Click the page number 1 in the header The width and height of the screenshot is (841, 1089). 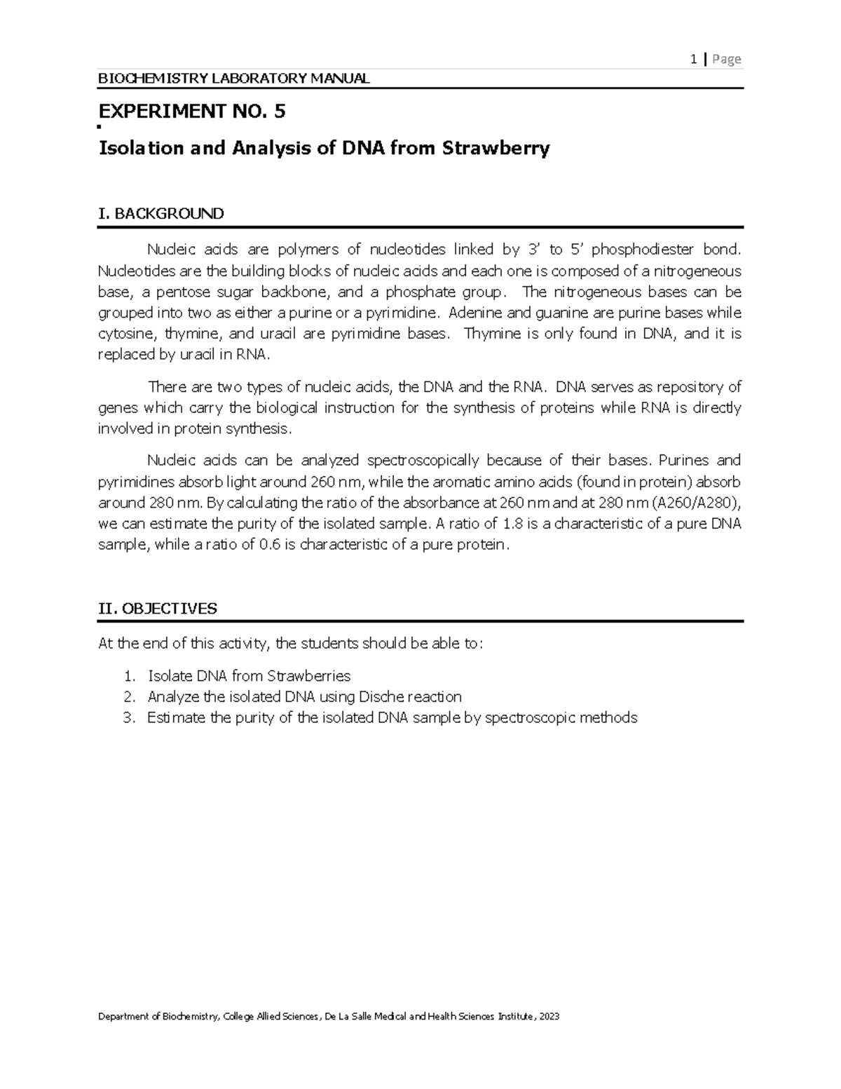[x=693, y=60]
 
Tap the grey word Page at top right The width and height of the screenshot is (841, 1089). [x=727, y=60]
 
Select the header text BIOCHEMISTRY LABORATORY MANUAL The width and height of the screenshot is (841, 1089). [x=233, y=79]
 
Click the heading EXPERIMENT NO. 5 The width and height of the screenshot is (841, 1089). [x=193, y=111]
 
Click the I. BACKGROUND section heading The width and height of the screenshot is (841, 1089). [x=161, y=214]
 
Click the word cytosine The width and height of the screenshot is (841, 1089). [x=123, y=334]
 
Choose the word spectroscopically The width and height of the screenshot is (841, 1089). [x=423, y=461]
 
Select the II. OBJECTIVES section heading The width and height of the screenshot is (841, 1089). [x=158, y=609]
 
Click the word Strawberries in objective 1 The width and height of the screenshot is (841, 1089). [x=309, y=676]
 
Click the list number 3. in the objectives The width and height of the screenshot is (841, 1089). [x=128, y=718]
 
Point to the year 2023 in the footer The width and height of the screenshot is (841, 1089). [x=547, y=1017]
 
